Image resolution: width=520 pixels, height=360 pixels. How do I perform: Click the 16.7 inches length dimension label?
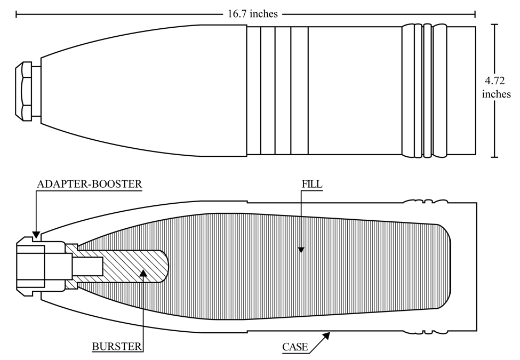pyautogui.click(x=253, y=14)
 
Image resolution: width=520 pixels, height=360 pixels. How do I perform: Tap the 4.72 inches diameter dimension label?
pyautogui.click(x=496, y=87)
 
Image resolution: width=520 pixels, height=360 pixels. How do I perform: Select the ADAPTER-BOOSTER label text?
pyautogui.click(x=89, y=184)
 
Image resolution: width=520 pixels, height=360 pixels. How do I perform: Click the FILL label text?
pyautogui.click(x=312, y=184)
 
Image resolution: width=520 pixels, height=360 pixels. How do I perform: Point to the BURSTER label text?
pyautogui.click(x=117, y=347)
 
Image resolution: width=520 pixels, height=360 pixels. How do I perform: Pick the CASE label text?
pyautogui.click(x=295, y=347)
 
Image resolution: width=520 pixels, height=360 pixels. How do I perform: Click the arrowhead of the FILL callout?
pyautogui.click(x=301, y=250)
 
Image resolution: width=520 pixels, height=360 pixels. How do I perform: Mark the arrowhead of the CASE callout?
pyautogui.click(x=326, y=335)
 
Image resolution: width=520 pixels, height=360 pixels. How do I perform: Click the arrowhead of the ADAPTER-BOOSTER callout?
pyautogui.click(x=36, y=235)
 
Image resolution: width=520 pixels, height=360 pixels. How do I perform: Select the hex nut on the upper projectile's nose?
pyautogui.click(x=23, y=91)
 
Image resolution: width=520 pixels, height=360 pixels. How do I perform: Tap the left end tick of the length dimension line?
pyautogui.click(x=16, y=14)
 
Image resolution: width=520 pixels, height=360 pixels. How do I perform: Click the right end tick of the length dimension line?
pyautogui.click(x=475, y=14)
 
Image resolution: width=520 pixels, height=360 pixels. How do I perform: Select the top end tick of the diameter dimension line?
pyautogui.click(x=494, y=25)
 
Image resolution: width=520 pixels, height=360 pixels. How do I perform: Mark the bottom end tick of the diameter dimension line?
pyautogui.click(x=494, y=157)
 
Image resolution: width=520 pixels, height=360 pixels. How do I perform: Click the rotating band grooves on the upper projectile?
pyautogui.click(x=424, y=91)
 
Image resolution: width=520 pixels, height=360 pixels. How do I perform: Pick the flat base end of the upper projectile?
pyautogui.click(x=476, y=91)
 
